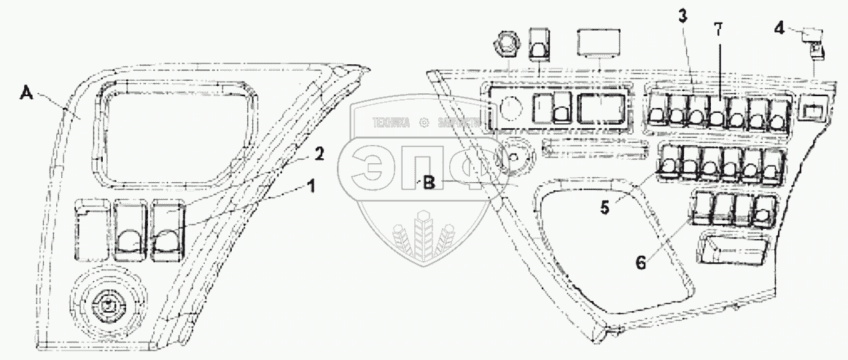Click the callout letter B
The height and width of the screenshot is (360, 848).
(429, 184)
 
